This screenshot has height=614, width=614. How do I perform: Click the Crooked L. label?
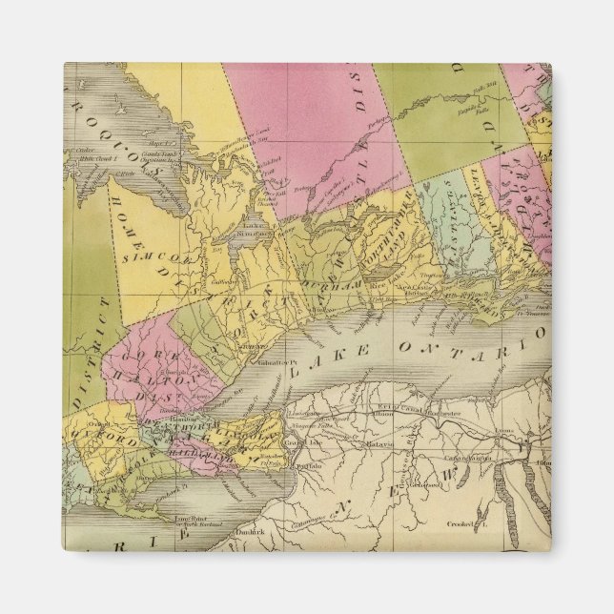(x=468, y=525)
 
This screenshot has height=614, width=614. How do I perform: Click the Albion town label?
(x=384, y=417)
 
